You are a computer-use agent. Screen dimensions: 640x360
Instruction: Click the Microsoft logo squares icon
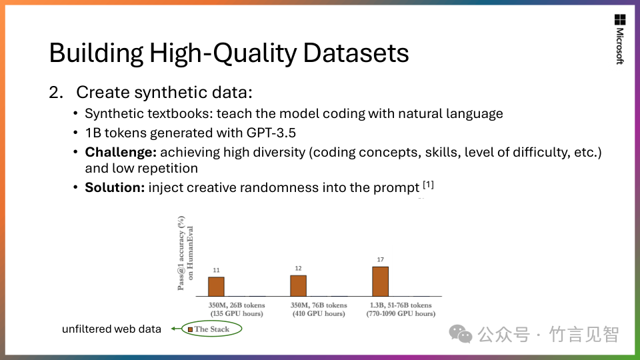[619, 19]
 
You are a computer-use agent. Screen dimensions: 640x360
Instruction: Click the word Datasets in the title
[355, 53]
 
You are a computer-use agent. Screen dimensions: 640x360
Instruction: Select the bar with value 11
[216, 287]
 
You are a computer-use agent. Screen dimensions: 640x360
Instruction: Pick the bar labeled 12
[299, 286]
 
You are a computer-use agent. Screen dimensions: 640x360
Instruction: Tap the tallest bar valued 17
[381, 281]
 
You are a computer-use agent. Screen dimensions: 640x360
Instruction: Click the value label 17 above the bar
[381, 259]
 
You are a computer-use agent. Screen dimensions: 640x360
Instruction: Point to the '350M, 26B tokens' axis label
[237, 305]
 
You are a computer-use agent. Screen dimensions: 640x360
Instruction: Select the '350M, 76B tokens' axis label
[319, 305]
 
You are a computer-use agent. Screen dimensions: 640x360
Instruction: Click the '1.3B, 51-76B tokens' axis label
[401, 305]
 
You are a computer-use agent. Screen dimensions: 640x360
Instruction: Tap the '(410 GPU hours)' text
[319, 314]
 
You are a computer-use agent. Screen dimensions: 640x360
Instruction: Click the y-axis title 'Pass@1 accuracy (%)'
[181, 253]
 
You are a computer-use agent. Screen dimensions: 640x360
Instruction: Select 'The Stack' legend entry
[209, 329]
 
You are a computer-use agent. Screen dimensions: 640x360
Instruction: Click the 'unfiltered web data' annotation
[111, 329]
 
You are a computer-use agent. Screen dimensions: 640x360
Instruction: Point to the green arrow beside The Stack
[176, 329]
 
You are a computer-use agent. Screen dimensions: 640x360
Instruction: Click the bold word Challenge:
[121, 152]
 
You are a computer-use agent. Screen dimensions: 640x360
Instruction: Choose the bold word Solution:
[115, 188]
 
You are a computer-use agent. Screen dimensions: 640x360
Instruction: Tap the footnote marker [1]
[428, 185]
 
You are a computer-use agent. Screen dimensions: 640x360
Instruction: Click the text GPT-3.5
[271, 133]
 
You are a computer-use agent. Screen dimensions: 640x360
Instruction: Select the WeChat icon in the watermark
[461, 334]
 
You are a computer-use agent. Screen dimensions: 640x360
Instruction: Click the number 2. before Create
[56, 93]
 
